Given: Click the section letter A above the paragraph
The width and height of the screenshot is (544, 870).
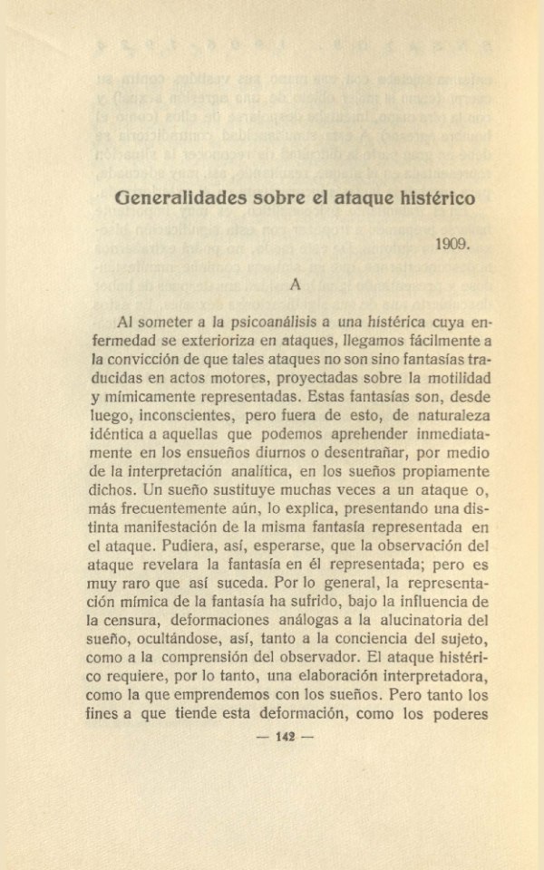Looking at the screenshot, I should [295, 283].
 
